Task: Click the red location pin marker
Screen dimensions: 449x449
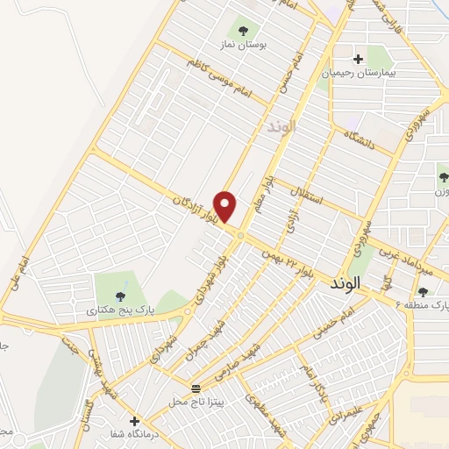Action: (226, 207)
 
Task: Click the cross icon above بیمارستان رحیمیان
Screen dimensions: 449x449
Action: (358, 59)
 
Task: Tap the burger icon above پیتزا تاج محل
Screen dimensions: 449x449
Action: (196, 387)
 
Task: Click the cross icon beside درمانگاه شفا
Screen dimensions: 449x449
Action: (134, 420)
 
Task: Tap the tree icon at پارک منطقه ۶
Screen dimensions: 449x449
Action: (423, 292)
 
